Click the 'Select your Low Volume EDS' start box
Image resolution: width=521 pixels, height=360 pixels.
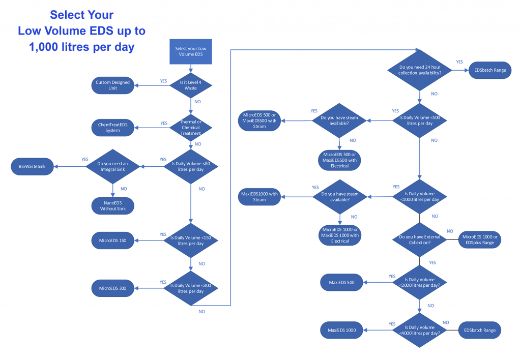[x=190, y=51]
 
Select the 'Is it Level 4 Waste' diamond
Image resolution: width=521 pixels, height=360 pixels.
[x=190, y=85]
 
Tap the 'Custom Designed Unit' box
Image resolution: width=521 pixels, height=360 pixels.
[x=112, y=85]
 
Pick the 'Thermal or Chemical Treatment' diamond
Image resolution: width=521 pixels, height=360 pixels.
[x=190, y=127]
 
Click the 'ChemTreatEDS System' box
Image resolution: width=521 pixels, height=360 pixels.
[x=112, y=127]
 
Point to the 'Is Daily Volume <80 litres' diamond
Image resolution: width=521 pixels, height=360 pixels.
[x=190, y=166]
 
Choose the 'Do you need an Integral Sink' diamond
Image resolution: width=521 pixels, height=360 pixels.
[x=112, y=166]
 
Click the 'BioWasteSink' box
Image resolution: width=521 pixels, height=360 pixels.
[x=32, y=166]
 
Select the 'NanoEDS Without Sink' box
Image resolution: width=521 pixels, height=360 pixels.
[x=112, y=206]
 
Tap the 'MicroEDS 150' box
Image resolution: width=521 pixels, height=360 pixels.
[x=112, y=241]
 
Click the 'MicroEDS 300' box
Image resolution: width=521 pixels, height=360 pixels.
[x=112, y=288]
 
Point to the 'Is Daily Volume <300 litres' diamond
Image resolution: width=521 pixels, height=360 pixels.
[x=190, y=288]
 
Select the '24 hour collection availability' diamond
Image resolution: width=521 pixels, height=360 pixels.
[x=420, y=70]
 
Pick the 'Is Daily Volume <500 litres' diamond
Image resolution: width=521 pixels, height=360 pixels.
[x=420, y=121]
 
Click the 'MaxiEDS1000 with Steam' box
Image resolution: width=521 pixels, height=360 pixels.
[x=259, y=197]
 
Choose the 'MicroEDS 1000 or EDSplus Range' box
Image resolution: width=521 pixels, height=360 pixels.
[x=480, y=240]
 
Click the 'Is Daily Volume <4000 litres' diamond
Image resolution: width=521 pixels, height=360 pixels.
[x=420, y=330]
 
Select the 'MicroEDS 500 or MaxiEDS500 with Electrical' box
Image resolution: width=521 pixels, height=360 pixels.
[x=339, y=160]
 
